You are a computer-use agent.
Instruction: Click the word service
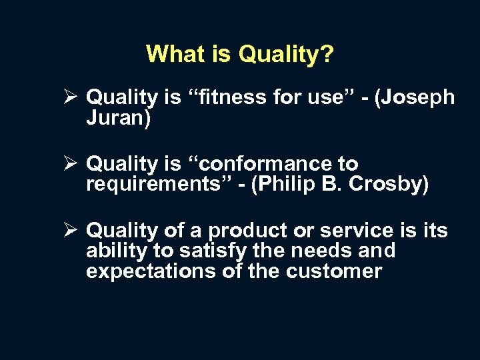357,231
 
